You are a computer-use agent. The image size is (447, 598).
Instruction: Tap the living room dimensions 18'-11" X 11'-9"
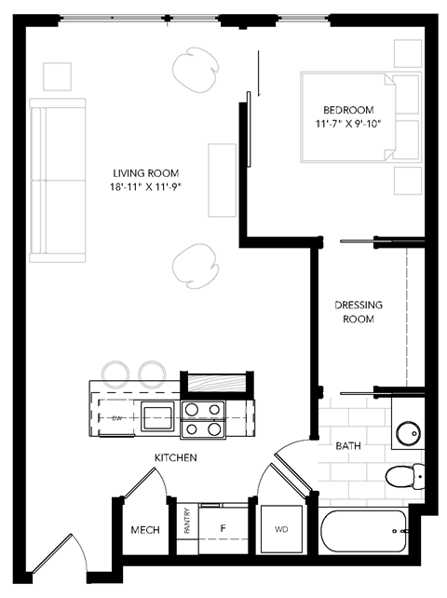point(145,187)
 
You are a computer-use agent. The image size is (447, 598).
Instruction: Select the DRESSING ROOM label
point(359,312)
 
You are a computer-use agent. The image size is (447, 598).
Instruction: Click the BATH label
point(348,446)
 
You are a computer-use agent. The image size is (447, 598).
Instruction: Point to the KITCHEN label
point(175,458)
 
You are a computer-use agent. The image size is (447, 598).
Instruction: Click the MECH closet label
point(144,530)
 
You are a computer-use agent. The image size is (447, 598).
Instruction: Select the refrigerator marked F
point(223,529)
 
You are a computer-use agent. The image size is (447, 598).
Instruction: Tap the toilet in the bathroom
point(402,477)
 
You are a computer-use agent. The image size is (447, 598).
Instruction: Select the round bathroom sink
point(406,435)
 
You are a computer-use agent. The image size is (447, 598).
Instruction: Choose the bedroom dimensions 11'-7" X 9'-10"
point(348,122)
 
